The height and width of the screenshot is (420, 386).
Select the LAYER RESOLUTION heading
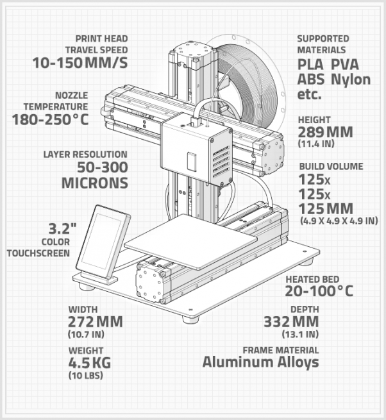[85, 155]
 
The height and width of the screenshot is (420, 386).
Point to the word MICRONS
[94, 182]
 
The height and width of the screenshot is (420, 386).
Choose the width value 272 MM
[95, 322]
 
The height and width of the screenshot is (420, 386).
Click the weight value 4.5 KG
[90, 363]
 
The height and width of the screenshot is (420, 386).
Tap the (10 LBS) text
[85, 375]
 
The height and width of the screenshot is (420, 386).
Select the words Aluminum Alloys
[260, 362]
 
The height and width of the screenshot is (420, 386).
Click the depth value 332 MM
[291, 322]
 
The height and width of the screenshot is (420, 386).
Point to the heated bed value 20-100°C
[319, 292]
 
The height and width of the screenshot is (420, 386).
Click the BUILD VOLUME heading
[331, 166]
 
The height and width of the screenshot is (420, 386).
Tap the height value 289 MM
[326, 132]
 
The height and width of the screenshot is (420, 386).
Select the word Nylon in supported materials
[351, 80]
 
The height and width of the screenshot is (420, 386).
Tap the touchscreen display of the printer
[103, 239]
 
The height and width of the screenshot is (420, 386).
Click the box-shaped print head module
[195, 151]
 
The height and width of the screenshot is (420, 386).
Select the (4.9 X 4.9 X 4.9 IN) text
[339, 221]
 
